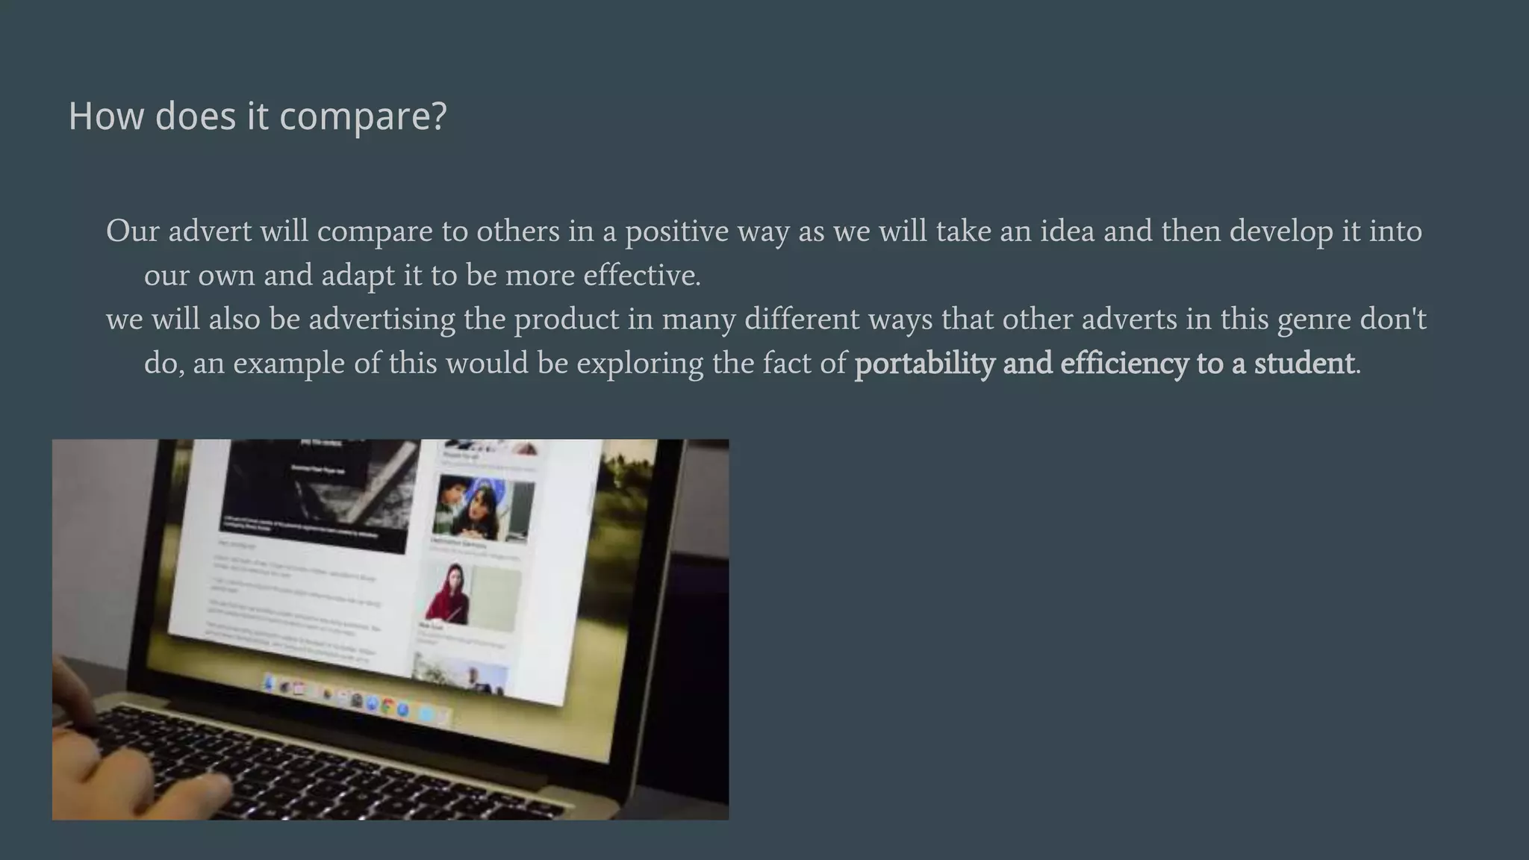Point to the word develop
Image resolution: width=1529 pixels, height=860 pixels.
[1281, 231]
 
